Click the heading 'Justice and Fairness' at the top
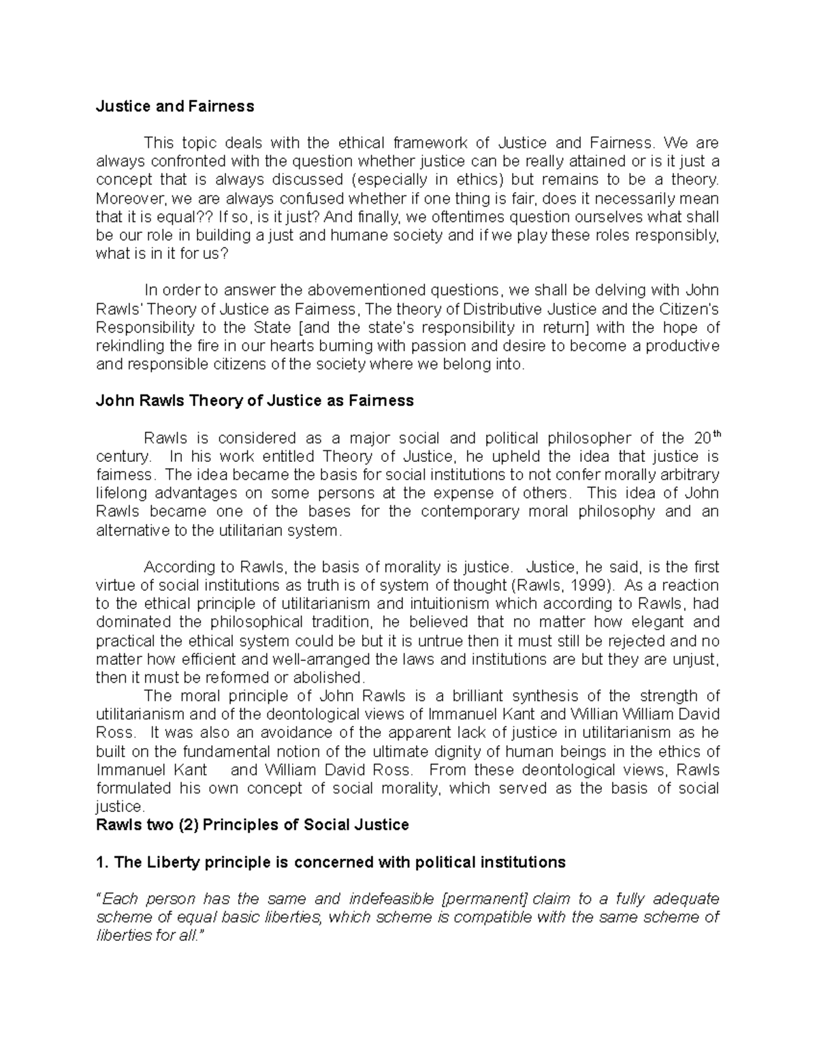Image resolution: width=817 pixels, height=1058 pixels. tap(175, 106)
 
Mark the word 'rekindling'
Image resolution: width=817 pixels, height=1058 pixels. tap(129, 345)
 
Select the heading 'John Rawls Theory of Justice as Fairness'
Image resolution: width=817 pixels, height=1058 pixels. tap(255, 401)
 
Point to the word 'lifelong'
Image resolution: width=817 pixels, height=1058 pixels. tap(121, 493)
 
